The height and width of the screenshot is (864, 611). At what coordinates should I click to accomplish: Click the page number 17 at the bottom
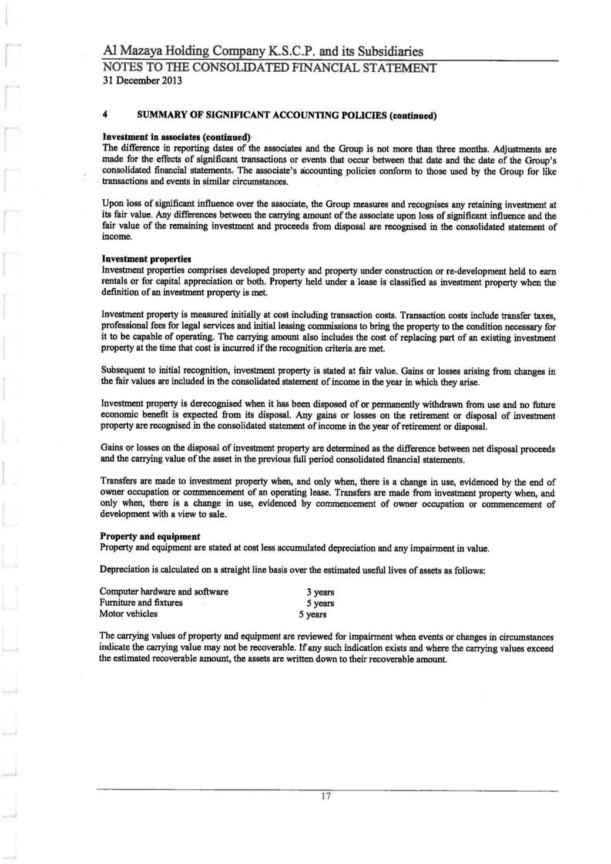click(327, 796)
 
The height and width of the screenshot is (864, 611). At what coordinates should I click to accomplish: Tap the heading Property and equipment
click(150, 536)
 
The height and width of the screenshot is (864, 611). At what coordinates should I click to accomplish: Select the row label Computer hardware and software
click(164, 591)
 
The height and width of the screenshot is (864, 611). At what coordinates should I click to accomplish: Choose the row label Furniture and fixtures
click(141, 603)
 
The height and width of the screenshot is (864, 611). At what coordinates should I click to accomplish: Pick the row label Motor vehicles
click(129, 614)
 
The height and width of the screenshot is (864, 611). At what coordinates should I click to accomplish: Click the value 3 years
click(320, 593)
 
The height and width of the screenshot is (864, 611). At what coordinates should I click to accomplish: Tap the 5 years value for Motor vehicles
click(312, 615)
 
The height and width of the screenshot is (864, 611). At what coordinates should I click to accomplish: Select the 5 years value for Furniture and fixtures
click(320, 603)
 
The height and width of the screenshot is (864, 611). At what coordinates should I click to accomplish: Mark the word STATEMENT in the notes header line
click(395, 68)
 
